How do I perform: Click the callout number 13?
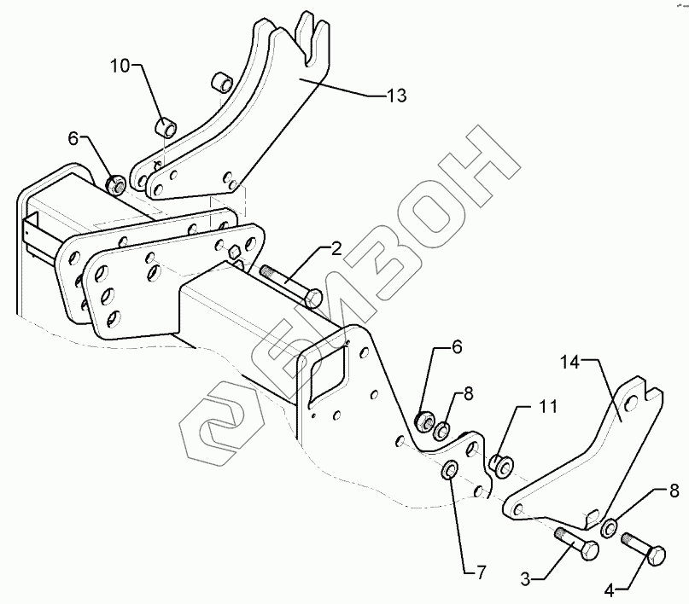coord(395,95)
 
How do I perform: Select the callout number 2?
coord(336,249)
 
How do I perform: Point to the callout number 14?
coord(570,363)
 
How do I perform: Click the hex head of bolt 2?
coord(313,299)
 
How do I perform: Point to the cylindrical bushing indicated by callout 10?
coord(166,129)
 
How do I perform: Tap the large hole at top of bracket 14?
coord(632,403)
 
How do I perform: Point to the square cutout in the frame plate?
coord(330,369)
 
